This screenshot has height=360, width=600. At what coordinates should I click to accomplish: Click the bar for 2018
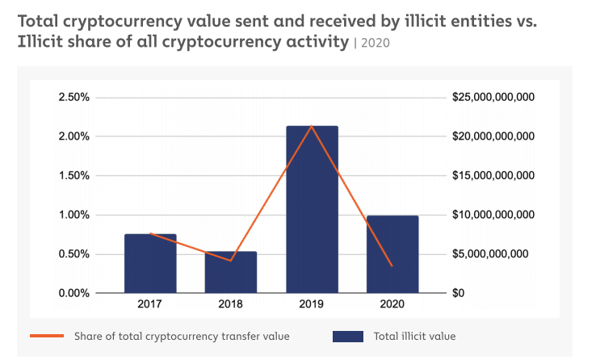(x=231, y=272)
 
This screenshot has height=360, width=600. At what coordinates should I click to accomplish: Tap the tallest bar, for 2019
(x=312, y=209)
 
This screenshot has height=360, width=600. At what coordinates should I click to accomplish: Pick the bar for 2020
(x=392, y=253)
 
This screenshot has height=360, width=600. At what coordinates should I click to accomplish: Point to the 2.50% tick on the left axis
(x=73, y=98)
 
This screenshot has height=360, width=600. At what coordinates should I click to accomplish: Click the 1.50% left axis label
(x=73, y=176)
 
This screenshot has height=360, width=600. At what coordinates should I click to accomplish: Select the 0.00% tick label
(x=73, y=293)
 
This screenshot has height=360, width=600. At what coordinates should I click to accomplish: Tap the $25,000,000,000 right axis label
(x=494, y=98)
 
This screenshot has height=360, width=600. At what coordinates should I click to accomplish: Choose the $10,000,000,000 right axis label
(x=494, y=215)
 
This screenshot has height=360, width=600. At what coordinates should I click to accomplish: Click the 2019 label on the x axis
(x=312, y=304)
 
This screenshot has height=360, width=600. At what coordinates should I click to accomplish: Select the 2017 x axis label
(x=150, y=304)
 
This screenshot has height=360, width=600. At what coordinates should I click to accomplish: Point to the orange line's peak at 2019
(x=312, y=127)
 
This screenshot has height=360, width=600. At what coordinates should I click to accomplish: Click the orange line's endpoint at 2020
(x=392, y=266)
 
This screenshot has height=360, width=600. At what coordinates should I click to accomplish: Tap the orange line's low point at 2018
(x=231, y=261)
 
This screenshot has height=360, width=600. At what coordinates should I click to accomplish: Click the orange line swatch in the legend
(x=48, y=336)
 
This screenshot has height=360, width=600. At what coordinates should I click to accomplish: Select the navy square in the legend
(x=348, y=336)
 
